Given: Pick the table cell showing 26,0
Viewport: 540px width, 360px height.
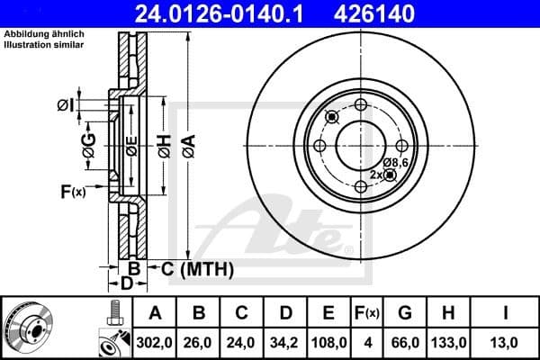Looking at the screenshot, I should coord(200,343).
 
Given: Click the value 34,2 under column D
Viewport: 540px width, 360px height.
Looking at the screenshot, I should coord(286,343).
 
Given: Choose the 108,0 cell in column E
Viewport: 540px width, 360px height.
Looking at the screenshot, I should coord(329,343).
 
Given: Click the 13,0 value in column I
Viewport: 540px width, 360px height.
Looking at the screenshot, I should coord(509,343).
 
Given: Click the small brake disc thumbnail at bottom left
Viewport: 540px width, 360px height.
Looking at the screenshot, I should coord(31,328).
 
